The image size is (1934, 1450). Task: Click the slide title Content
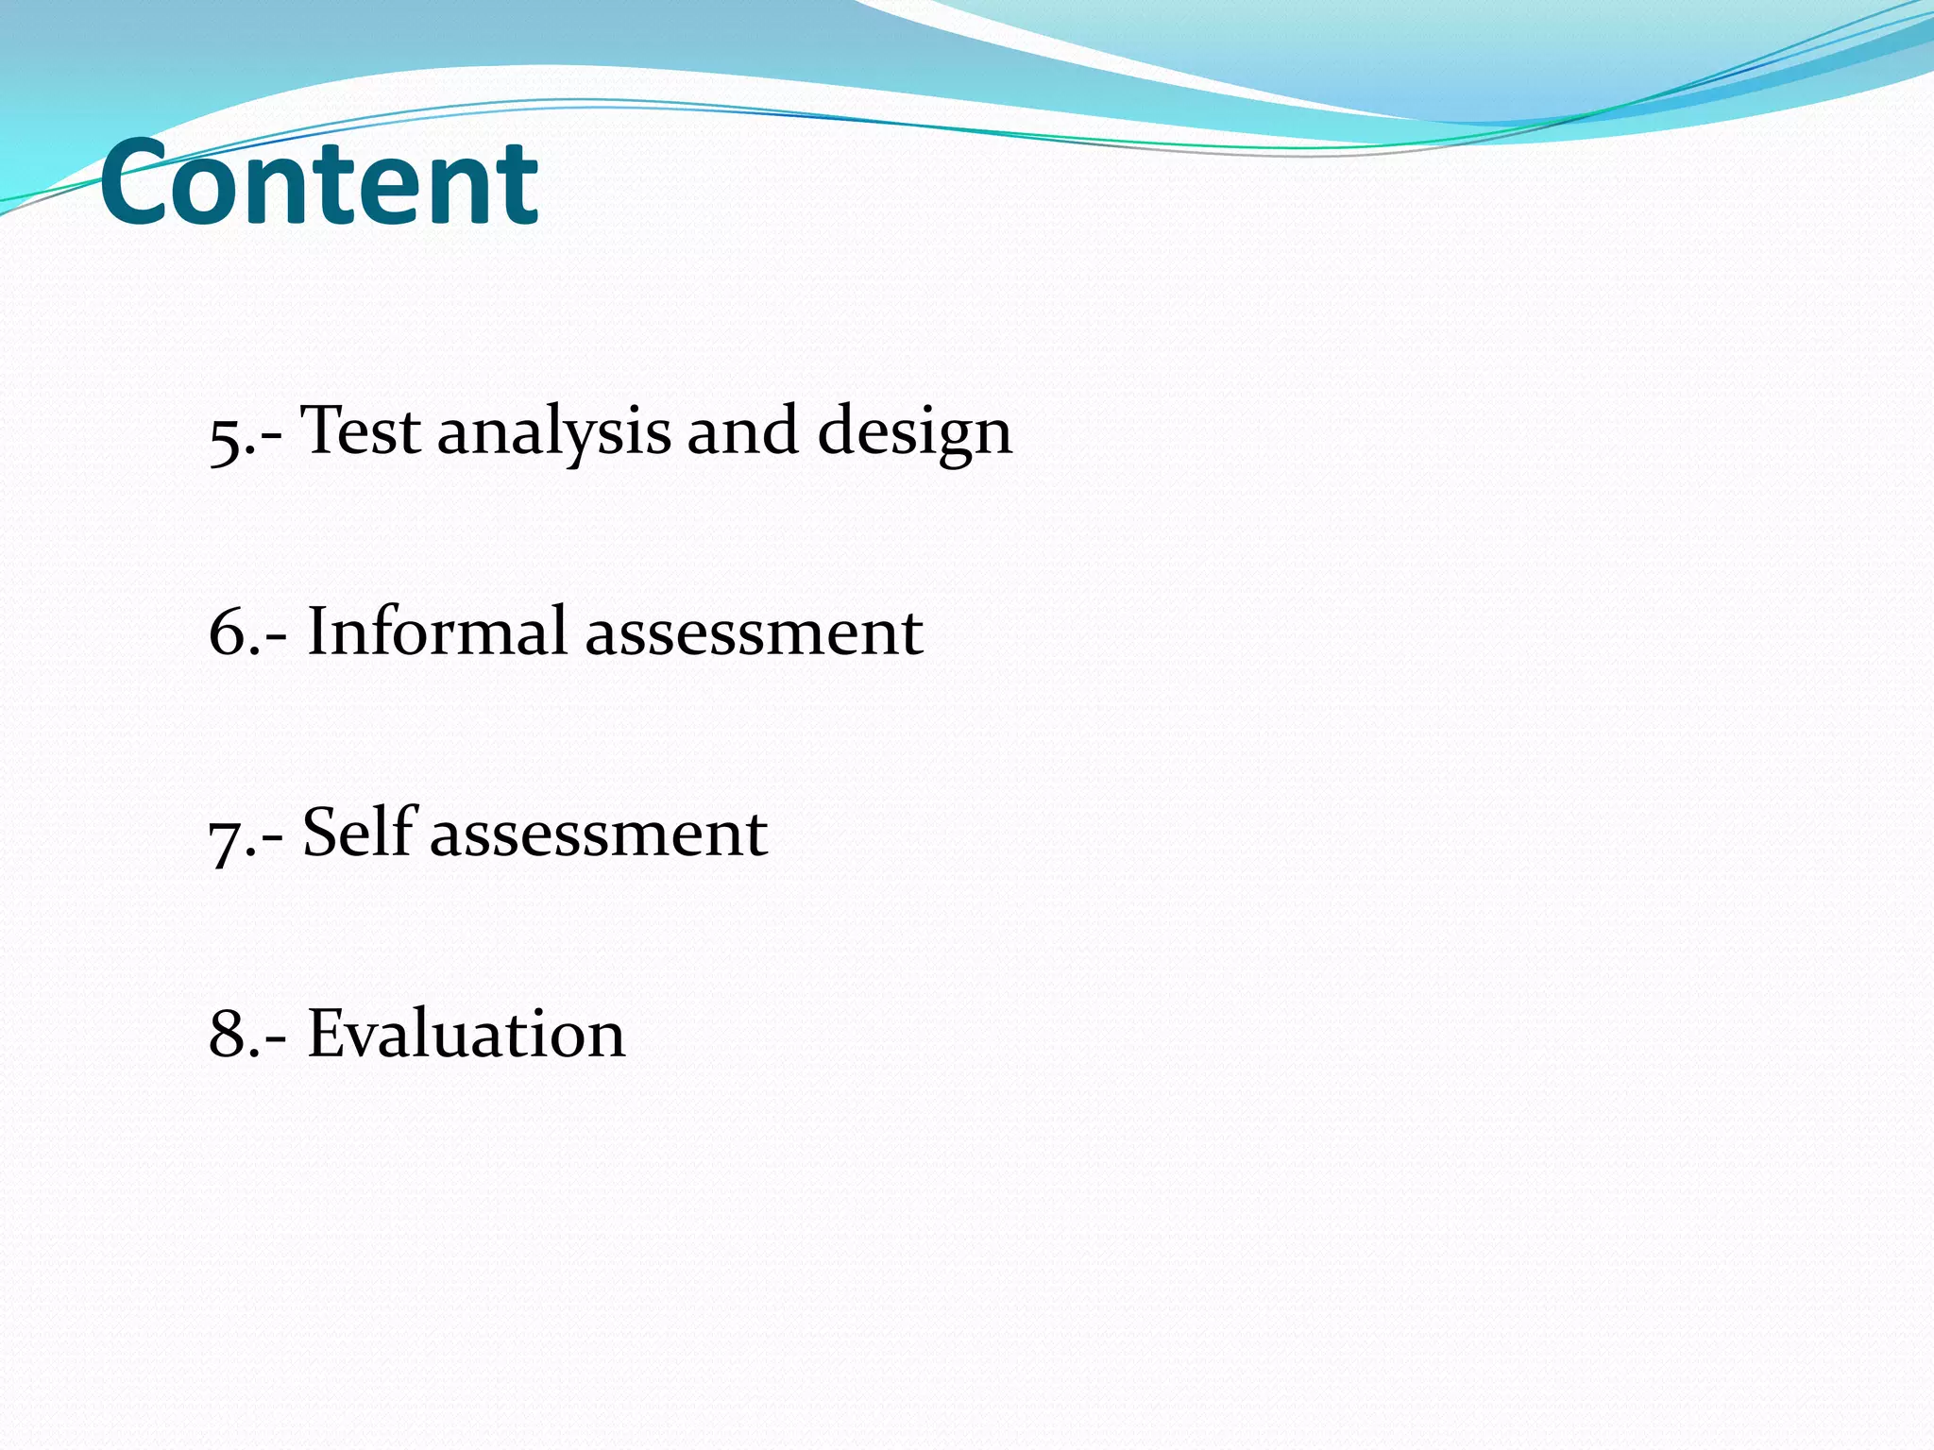click(319, 183)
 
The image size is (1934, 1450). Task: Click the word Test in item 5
click(361, 431)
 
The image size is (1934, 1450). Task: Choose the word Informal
click(436, 631)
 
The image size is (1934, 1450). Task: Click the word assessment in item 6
click(754, 634)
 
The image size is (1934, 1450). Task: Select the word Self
click(360, 832)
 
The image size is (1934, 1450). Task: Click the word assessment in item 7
click(599, 835)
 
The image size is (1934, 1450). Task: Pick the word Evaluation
click(466, 1034)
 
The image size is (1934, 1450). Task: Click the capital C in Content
click(134, 183)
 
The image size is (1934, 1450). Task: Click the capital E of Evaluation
click(327, 1034)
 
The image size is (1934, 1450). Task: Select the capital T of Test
click(319, 430)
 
